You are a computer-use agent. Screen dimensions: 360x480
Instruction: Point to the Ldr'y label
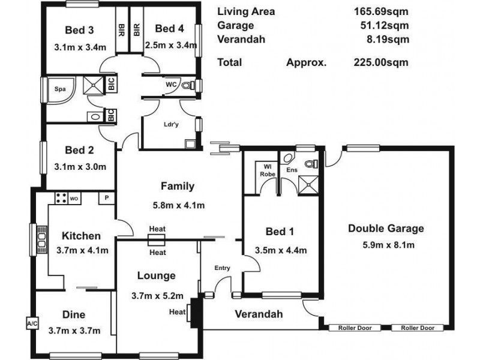tap(170, 125)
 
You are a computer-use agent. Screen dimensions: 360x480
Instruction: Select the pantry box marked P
tap(107, 197)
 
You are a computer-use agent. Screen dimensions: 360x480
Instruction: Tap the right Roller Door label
tap(417, 328)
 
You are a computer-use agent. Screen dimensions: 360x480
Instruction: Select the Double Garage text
tap(386, 229)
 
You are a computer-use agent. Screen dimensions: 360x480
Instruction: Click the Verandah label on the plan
tap(258, 314)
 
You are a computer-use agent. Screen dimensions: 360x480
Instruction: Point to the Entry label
tap(222, 268)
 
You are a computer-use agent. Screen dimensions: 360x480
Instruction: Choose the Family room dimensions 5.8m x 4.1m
tap(179, 205)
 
